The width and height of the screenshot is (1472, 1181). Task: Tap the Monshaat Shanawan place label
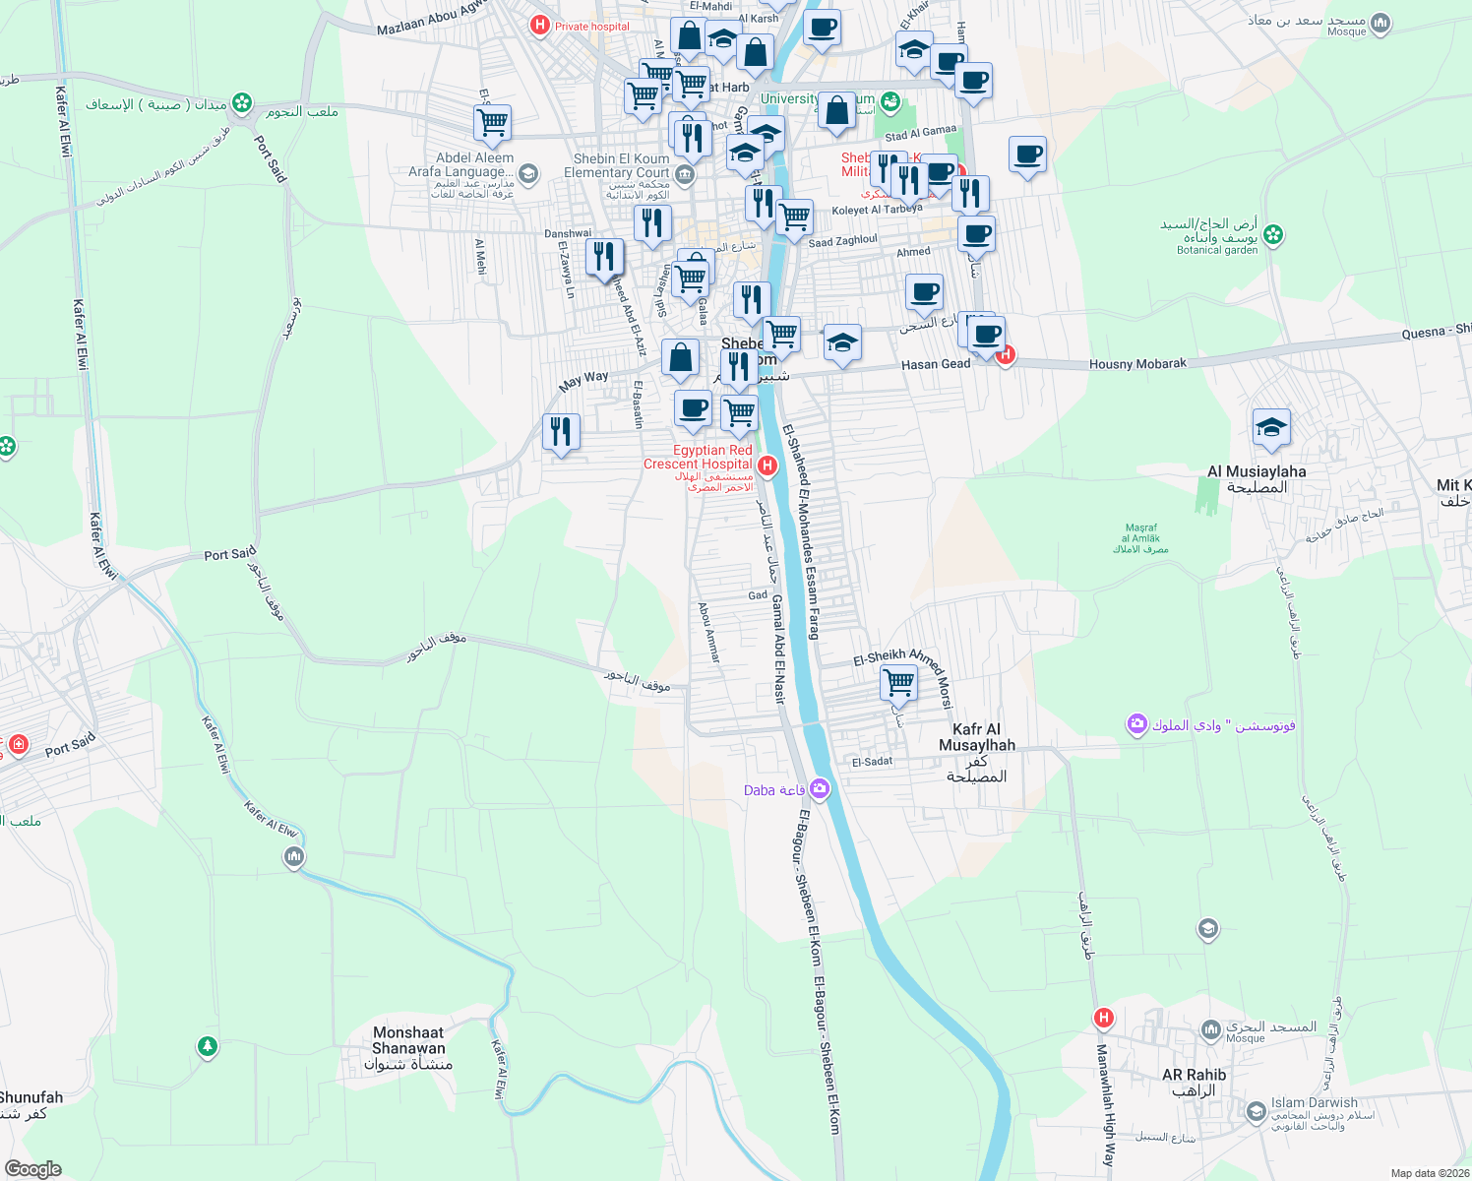[x=408, y=1041]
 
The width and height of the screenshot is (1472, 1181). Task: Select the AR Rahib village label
[x=1194, y=1076]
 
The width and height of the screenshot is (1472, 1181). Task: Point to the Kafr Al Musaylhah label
[x=976, y=737]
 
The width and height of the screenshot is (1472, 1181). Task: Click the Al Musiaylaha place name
[x=1257, y=472]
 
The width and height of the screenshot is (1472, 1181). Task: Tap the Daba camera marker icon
[x=820, y=788]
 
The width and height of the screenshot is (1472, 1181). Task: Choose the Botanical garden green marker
[x=1273, y=234]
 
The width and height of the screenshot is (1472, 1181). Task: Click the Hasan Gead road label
[x=935, y=364]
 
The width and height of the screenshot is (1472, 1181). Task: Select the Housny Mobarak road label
[x=1137, y=364]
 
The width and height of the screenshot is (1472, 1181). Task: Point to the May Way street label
[x=583, y=381]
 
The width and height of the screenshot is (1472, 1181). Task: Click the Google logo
[x=33, y=1169]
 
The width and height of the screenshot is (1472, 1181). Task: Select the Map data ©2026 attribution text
[x=1429, y=1173]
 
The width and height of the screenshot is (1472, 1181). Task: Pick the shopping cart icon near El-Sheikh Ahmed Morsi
[x=898, y=681]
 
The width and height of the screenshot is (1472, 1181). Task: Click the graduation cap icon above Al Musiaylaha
[x=1271, y=427]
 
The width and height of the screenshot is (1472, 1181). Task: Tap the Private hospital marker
[x=539, y=26]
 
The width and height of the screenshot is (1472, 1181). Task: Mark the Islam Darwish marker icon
[x=1256, y=1112]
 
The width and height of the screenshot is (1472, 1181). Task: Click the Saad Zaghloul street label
[x=842, y=241]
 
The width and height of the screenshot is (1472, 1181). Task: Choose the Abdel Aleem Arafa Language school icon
[x=527, y=175]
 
